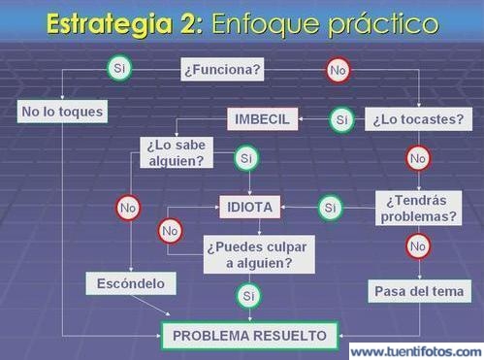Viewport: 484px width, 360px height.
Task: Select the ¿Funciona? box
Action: [222, 70]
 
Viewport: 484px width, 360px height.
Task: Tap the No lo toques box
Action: [62, 112]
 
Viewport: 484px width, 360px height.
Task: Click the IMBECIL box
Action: [263, 119]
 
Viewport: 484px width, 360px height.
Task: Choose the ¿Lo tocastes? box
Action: [418, 120]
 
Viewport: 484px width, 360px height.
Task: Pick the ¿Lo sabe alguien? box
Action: [177, 153]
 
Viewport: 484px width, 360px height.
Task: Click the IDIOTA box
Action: [249, 207]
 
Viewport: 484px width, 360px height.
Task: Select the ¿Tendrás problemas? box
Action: [419, 208]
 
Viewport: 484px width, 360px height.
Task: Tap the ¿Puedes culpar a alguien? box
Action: [249, 254]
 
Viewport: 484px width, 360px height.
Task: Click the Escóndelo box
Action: [132, 284]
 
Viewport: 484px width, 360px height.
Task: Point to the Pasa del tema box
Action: [420, 290]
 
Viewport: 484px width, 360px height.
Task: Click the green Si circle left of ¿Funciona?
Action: [119, 69]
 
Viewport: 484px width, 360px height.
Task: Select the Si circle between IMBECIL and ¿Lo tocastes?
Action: [340, 119]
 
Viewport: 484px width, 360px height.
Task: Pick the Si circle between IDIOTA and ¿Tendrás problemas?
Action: [330, 207]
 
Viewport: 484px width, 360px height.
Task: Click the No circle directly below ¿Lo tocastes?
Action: [418, 158]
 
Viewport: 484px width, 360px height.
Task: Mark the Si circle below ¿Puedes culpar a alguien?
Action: [247, 293]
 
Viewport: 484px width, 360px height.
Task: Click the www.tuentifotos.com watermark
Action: [415, 350]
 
